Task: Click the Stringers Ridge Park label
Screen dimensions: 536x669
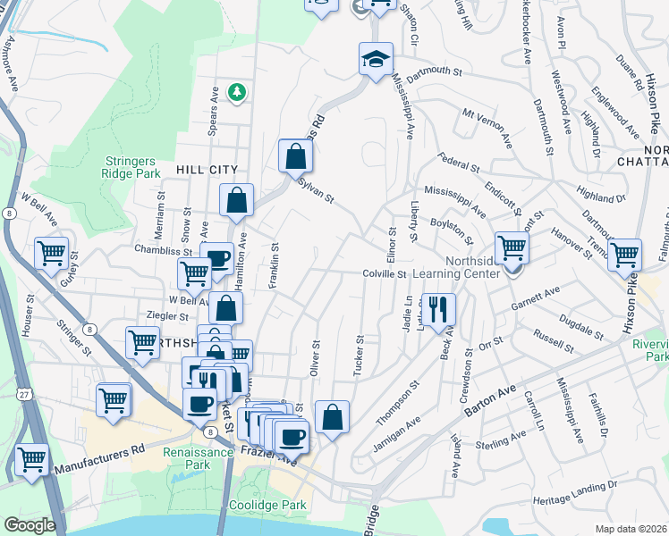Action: (131, 167)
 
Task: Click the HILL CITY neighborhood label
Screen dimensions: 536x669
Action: (207, 169)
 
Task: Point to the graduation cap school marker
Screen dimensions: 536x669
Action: (377, 61)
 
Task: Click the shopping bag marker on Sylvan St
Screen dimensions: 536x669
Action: (295, 157)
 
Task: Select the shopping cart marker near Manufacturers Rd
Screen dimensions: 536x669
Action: (31, 461)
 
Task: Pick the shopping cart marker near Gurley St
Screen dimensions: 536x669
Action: (52, 254)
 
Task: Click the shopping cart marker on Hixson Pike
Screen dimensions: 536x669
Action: (624, 254)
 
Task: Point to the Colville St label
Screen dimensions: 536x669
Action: (385, 274)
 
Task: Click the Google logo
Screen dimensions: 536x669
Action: (29, 525)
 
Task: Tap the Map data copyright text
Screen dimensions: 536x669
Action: (631, 529)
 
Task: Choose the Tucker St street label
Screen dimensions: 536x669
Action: (359, 356)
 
